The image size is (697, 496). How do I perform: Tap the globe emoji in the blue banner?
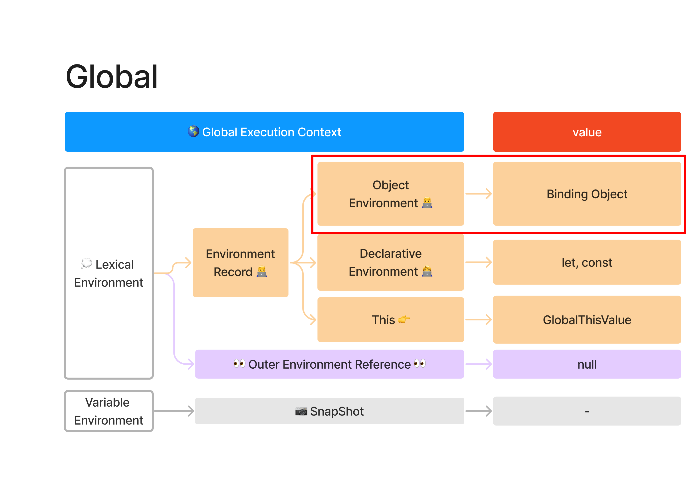(x=193, y=131)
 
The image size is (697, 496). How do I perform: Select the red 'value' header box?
(x=586, y=132)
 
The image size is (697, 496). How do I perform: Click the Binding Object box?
(x=586, y=194)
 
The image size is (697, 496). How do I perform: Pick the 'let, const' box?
(x=586, y=262)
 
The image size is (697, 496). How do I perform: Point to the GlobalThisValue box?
(x=586, y=319)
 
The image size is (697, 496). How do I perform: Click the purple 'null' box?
(x=586, y=364)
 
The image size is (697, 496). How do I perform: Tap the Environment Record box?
(x=240, y=263)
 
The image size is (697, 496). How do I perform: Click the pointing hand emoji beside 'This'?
(x=404, y=319)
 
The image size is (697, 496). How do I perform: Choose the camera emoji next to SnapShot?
(x=301, y=411)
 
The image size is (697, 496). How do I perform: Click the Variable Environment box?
(x=109, y=411)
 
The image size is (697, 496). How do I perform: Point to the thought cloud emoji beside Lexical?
(x=86, y=263)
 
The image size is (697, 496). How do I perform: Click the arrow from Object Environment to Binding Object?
(x=478, y=194)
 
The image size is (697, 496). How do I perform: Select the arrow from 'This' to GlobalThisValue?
(x=478, y=319)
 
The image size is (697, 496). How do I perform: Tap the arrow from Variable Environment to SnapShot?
(x=174, y=411)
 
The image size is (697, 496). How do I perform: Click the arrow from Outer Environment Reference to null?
(x=478, y=364)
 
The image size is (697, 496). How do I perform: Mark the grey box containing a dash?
(x=586, y=411)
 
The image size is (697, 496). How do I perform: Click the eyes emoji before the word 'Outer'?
(x=239, y=363)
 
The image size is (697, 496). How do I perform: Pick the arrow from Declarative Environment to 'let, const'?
(x=478, y=262)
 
